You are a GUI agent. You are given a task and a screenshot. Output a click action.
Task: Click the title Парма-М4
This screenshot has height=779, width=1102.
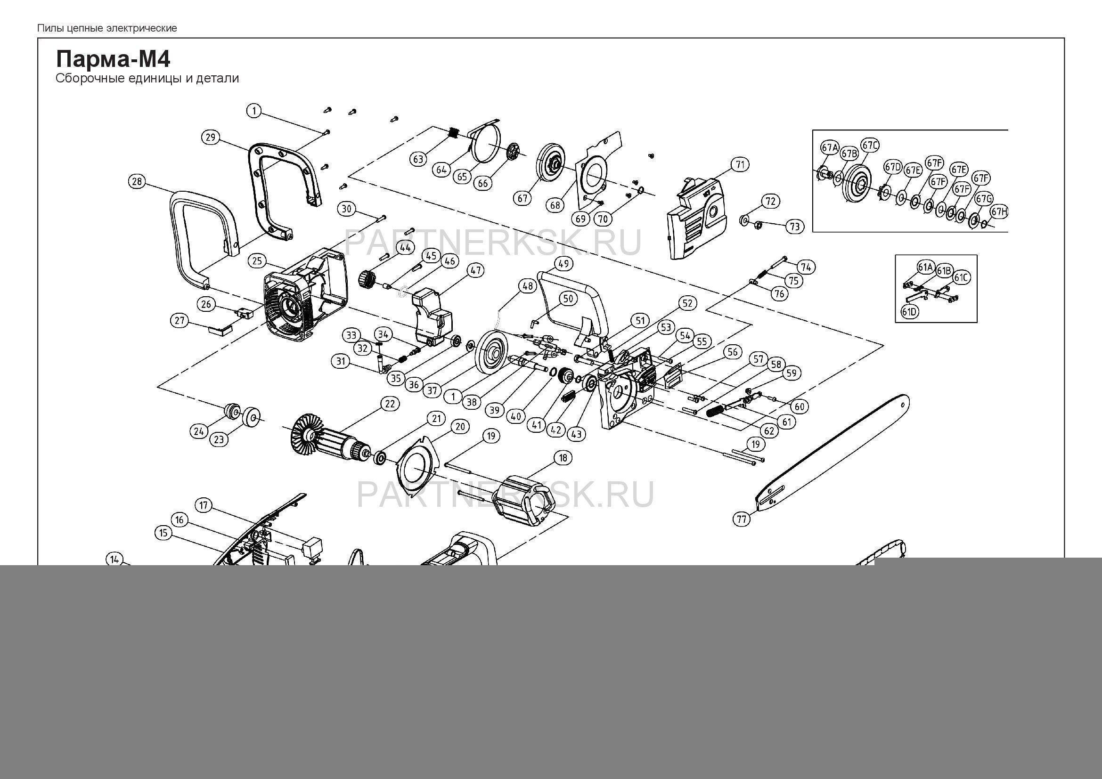113,59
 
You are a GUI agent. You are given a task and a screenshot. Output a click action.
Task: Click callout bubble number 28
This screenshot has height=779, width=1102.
137,182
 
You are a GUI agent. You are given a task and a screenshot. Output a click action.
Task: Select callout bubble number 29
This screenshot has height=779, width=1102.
210,138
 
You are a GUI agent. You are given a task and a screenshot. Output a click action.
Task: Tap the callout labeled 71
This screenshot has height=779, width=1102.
740,165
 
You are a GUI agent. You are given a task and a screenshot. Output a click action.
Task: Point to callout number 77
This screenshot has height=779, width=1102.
742,519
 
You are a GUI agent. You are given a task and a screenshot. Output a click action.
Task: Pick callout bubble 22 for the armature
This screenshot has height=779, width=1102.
389,404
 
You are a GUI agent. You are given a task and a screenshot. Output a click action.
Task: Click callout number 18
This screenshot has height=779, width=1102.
563,458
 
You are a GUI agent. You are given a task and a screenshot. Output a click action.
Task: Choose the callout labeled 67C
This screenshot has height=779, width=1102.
870,145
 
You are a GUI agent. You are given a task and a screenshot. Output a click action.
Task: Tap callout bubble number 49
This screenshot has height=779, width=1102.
564,263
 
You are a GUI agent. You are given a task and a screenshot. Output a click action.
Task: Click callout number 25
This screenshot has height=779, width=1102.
258,261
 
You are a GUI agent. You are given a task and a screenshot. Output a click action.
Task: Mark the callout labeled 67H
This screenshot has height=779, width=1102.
1000,211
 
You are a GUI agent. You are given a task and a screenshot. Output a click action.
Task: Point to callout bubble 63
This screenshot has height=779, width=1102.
418,158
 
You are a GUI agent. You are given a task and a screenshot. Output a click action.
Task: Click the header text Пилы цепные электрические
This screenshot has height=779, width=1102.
107,28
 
